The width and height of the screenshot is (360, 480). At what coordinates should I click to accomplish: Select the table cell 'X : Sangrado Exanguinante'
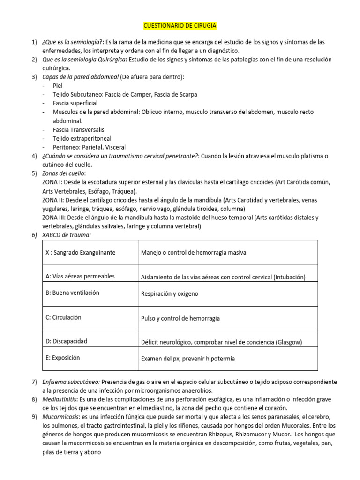point(80,253)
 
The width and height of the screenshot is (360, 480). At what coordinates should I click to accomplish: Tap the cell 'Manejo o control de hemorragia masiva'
point(193,253)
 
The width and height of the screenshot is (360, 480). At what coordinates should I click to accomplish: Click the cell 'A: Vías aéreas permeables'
point(80,276)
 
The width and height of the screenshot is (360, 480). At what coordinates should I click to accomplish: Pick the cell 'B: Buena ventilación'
point(72,293)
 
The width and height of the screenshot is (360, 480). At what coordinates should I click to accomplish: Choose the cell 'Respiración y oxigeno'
point(169,294)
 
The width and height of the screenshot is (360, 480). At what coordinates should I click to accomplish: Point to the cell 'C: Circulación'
point(63,317)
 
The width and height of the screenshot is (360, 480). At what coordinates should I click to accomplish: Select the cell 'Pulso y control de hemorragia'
point(180,318)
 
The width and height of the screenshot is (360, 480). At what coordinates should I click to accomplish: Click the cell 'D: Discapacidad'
point(66,341)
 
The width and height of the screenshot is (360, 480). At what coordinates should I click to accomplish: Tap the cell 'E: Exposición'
point(63,358)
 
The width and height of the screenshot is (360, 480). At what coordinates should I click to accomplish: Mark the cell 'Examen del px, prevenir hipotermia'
point(187,359)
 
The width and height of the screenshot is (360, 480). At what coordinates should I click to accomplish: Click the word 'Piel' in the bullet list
point(58,86)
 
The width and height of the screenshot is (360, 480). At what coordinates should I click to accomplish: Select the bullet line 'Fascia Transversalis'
point(79,130)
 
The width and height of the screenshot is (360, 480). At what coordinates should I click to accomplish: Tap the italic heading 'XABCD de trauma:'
point(66,235)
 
